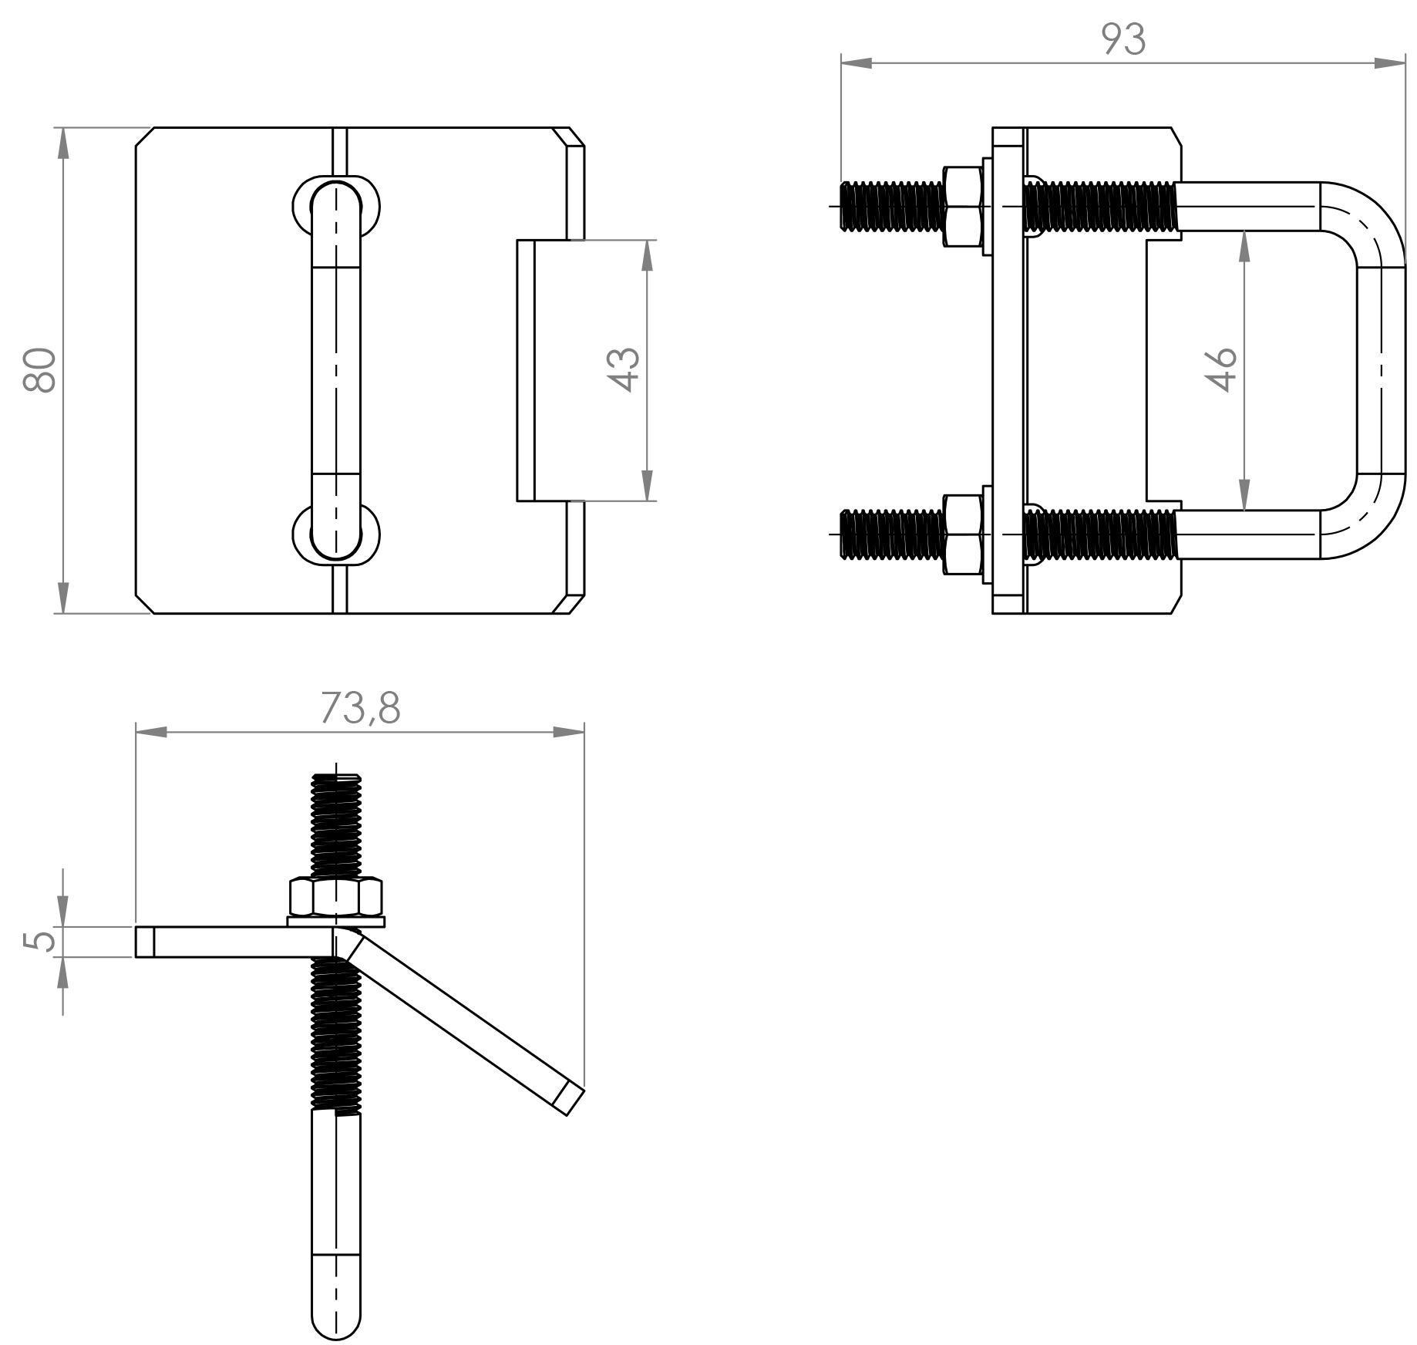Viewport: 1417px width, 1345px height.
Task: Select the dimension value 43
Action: [x=623, y=370]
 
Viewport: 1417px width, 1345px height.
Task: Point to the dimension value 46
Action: [x=1220, y=370]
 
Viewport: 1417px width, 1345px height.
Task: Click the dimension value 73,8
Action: [x=360, y=708]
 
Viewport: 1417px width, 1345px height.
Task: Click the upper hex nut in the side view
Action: [x=961, y=206]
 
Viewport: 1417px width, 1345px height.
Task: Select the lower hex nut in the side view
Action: [x=961, y=534]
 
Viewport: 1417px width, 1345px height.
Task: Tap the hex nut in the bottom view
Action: [x=336, y=896]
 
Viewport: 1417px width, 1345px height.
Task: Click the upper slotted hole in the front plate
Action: [x=336, y=207]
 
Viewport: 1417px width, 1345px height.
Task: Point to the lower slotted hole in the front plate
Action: [x=336, y=534]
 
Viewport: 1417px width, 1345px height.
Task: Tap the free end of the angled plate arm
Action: [x=568, y=1099]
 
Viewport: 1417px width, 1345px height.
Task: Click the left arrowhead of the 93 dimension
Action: [x=856, y=63]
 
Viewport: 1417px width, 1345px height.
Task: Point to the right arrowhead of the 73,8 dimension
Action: [x=569, y=731]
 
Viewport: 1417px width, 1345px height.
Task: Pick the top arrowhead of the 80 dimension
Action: [x=63, y=143]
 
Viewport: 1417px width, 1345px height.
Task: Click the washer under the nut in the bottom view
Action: [x=336, y=922]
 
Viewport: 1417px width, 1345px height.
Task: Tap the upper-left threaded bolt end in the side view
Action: [x=891, y=206]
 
